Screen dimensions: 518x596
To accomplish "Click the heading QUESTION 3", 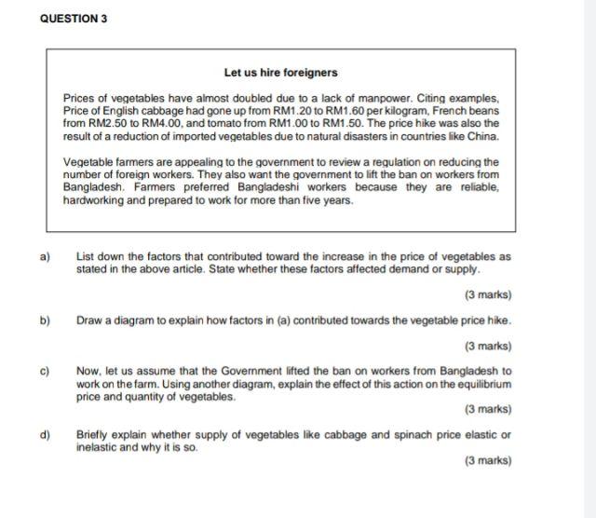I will (74, 19).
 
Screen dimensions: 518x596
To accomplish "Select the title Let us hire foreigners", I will (280, 72).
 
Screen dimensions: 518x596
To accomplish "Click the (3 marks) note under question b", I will (487, 346).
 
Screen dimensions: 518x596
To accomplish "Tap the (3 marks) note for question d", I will (487, 460).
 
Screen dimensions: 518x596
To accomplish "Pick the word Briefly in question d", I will (94, 435).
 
